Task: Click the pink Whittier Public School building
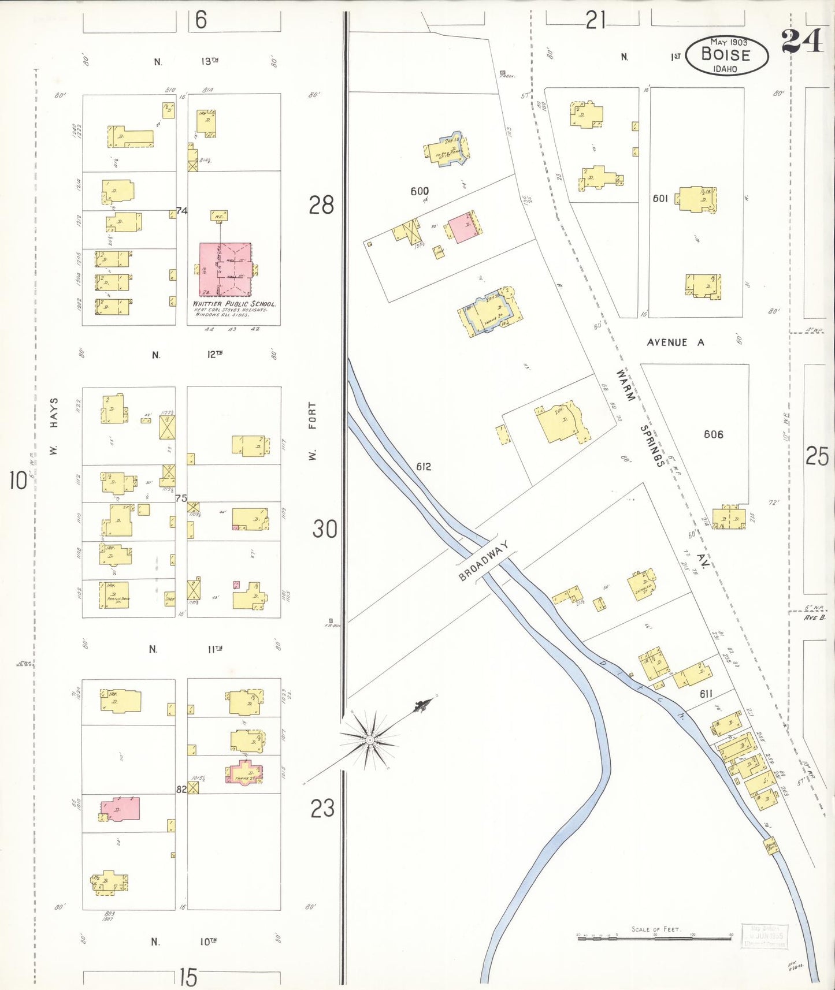(x=225, y=269)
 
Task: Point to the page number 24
(x=801, y=40)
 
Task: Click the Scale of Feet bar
(x=655, y=938)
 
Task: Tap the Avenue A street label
(x=675, y=343)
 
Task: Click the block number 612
(x=423, y=467)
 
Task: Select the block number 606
(x=713, y=434)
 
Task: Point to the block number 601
(x=660, y=199)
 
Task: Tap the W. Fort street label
(x=313, y=431)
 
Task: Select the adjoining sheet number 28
(x=321, y=205)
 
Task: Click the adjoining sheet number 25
(x=817, y=456)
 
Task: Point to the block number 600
(x=420, y=191)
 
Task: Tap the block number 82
(x=181, y=790)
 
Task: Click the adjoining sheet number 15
(x=188, y=977)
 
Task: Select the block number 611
(x=706, y=694)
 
